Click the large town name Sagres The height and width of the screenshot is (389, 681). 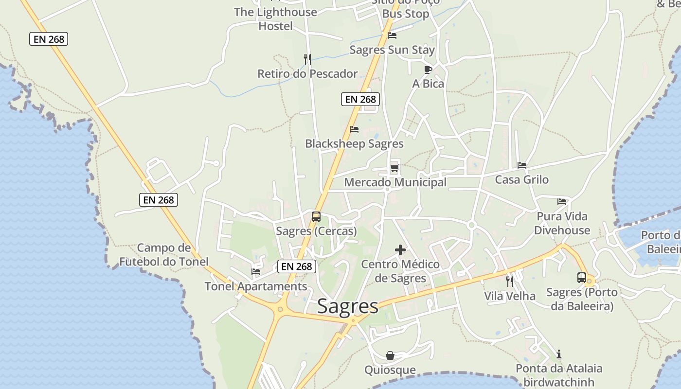347,306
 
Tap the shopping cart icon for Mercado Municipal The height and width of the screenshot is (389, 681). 394,168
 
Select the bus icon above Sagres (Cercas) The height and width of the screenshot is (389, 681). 316,217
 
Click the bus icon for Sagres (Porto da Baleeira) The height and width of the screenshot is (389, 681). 581,278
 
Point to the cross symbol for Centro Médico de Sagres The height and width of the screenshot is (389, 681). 400,250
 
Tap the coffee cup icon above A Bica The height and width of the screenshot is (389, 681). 428,70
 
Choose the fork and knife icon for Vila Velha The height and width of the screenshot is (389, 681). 509,281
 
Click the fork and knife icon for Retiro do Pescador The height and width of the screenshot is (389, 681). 307,59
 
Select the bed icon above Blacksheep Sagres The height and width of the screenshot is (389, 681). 354,129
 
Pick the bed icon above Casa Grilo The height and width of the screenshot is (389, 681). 522,165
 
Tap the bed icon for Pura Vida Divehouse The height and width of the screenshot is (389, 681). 562,201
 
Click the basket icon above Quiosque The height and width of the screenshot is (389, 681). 390,355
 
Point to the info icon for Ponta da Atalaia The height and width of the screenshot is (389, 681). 559,354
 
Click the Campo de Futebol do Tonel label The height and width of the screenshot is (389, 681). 164,255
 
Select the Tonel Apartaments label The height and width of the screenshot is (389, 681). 256,286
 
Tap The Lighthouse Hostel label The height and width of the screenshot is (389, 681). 275,19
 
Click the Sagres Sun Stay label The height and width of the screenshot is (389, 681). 392,50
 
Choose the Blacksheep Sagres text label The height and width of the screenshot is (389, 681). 354,144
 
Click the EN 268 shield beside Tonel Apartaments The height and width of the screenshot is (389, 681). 297,266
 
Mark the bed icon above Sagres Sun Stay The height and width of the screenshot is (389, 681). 392,35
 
